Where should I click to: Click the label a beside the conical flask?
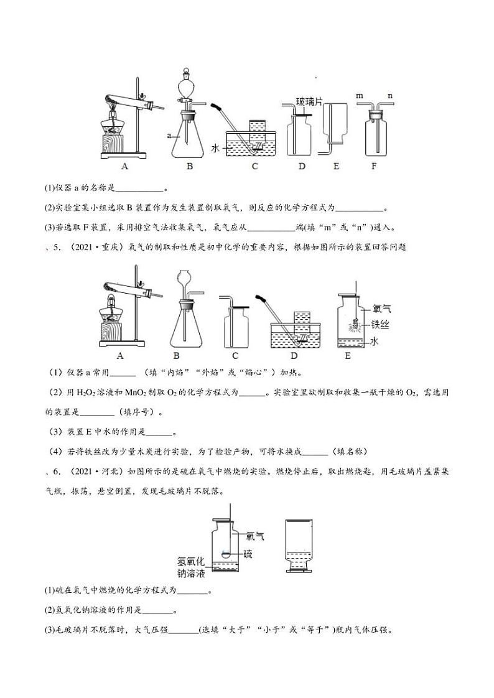click(169, 135)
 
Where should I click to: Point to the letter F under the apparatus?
click(374, 166)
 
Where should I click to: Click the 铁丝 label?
click(381, 323)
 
